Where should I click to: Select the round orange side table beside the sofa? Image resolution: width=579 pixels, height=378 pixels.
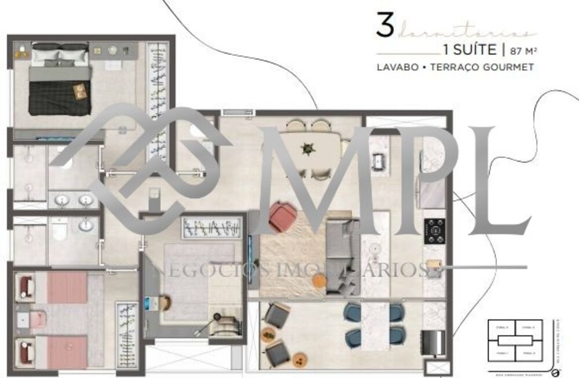click(x=319, y=281)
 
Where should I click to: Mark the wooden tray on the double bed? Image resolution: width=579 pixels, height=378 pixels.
click(x=80, y=91)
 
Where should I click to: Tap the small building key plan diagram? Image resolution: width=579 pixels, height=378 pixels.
click(x=515, y=343)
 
